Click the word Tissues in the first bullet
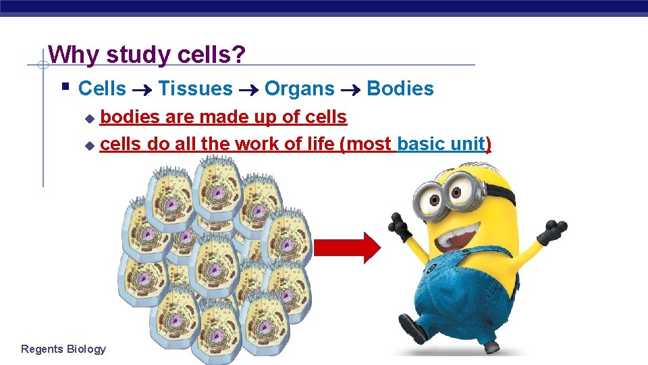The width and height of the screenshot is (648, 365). click(x=195, y=89)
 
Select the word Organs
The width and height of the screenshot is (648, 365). click(x=299, y=89)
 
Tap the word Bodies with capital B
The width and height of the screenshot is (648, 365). click(x=400, y=89)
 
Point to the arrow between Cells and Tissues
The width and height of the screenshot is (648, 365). click(x=142, y=89)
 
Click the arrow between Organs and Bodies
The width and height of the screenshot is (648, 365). click(x=350, y=89)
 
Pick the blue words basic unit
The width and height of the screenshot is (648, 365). click(x=441, y=144)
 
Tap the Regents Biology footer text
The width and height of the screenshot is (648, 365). click(x=63, y=349)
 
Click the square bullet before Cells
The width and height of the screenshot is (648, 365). click(x=65, y=87)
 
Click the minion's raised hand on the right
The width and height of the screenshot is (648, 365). click(x=553, y=230)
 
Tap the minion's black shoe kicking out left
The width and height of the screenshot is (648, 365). click(x=412, y=330)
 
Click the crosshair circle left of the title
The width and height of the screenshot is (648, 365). click(x=42, y=66)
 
